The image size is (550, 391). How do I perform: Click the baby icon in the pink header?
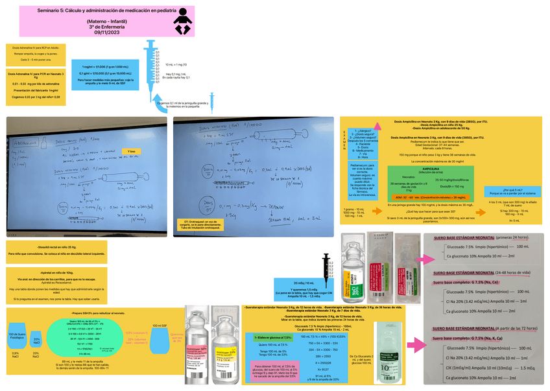[x=184, y=22]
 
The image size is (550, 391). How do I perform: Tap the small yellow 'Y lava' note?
[x=131, y=151]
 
